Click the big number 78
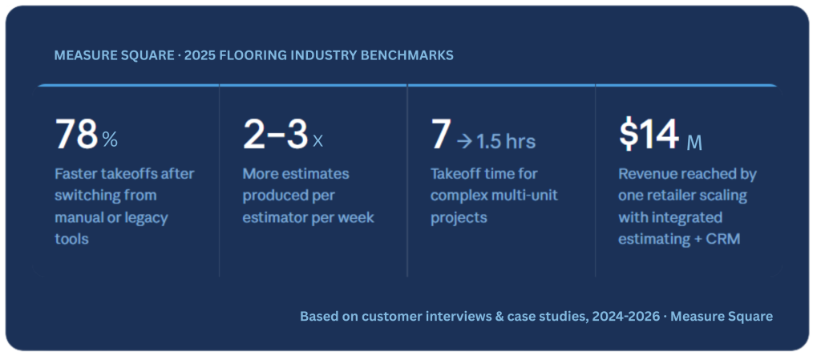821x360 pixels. tap(76, 135)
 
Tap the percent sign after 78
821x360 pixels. tap(110, 140)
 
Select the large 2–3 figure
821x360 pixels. tap(276, 135)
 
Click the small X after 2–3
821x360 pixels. tap(317, 141)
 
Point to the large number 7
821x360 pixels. tap(440, 135)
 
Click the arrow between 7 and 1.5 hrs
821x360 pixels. tap(464, 141)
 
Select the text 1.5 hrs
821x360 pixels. tap(506, 141)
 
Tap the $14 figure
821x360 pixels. tap(649, 135)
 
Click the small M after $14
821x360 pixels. tap(694, 143)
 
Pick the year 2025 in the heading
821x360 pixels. tap(200, 55)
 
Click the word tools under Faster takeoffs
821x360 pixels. tap(71, 239)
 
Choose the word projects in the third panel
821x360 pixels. tap(459, 217)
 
